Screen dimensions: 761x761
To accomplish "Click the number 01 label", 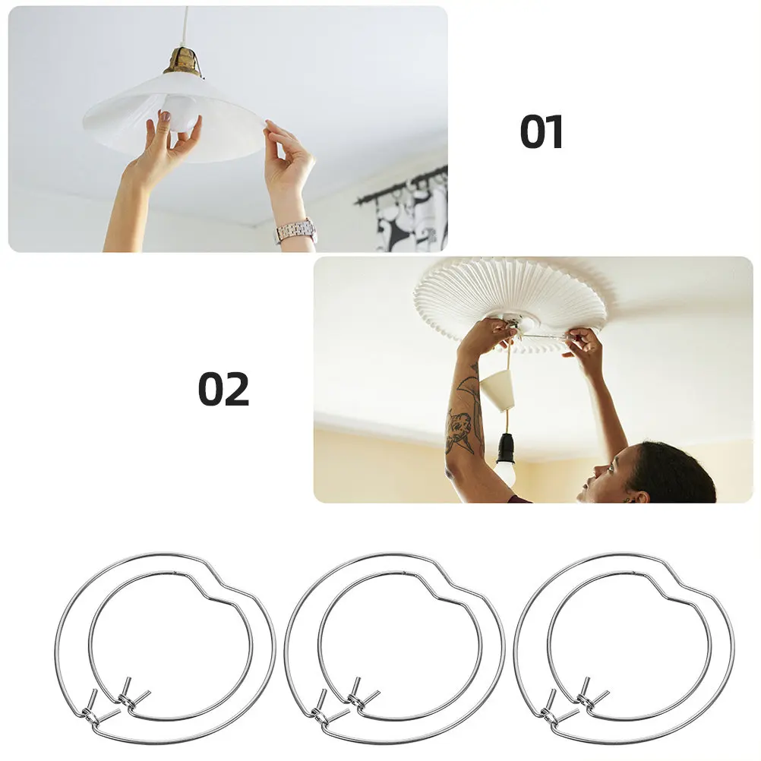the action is click(542, 131).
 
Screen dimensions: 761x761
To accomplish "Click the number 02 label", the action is click(224, 389).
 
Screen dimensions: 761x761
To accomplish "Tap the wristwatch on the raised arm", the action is click(295, 232).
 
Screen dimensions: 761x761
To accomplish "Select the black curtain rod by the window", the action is click(401, 185).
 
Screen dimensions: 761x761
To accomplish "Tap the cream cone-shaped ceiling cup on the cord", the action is click(497, 391).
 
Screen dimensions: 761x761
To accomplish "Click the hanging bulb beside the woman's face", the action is click(505, 474).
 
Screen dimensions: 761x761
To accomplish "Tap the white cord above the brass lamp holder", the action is click(185, 25).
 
